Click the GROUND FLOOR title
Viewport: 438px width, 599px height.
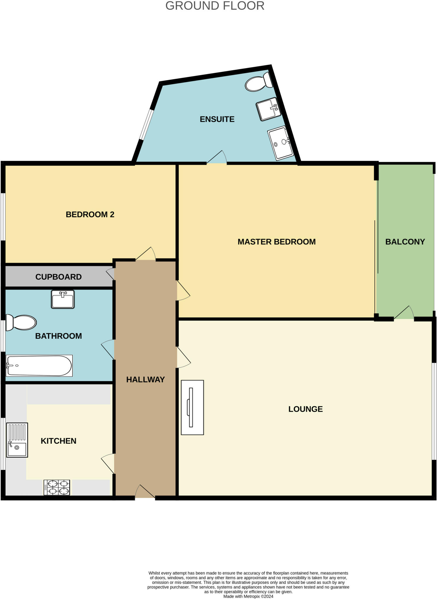pos(215,6)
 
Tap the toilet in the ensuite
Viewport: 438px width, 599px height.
pos(258,83)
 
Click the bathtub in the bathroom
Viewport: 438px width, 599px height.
pos(39,366)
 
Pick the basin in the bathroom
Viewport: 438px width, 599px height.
pos(63,299)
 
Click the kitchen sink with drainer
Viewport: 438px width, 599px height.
pos(17,440)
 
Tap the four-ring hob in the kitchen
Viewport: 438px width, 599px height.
pos(57,487)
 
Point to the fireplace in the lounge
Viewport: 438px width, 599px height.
pos(192,407)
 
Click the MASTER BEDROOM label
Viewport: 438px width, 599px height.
pos(276,242)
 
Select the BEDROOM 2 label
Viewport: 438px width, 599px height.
pos(90,215)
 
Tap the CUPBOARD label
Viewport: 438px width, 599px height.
pos(58,277)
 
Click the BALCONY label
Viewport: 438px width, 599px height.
pos(405,242)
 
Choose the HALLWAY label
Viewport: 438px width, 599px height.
pos(145,380)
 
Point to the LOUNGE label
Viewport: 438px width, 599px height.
pos(305,409)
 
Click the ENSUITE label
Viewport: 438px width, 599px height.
pos(217,119)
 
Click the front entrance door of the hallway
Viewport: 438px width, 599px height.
pos(145,492)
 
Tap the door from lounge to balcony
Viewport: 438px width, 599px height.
pos(404,314)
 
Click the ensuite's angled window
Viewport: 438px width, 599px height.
pos(146,125)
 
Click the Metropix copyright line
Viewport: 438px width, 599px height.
pos(248,596)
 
